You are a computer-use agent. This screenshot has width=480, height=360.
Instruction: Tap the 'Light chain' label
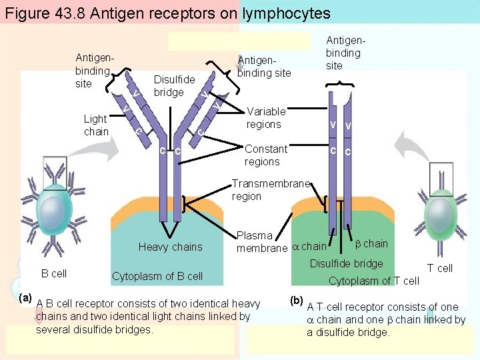point(95,125)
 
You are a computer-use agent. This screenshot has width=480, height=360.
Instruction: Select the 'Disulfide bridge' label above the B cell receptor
point(174,86)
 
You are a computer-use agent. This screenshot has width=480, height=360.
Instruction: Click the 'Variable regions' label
point(265,118)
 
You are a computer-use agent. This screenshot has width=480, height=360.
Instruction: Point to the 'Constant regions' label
point(265,155)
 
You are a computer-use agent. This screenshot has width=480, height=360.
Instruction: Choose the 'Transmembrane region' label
point(271,190)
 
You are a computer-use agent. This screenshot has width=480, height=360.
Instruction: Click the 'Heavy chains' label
point(170,247)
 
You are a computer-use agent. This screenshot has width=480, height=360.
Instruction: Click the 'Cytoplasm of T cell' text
point(373,281)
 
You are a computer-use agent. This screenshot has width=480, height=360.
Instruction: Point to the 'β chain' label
point(372,243)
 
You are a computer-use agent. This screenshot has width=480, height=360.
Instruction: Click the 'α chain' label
point(309,247)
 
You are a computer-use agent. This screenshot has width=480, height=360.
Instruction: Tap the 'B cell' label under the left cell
point(54,273)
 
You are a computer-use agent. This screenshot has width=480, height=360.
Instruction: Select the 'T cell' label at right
point(439,268)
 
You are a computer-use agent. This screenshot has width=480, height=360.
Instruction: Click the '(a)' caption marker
point(26,297)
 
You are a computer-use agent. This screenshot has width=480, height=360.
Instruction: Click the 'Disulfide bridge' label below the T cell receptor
point(346,263)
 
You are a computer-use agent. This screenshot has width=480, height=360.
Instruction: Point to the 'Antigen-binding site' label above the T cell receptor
point(343,53)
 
